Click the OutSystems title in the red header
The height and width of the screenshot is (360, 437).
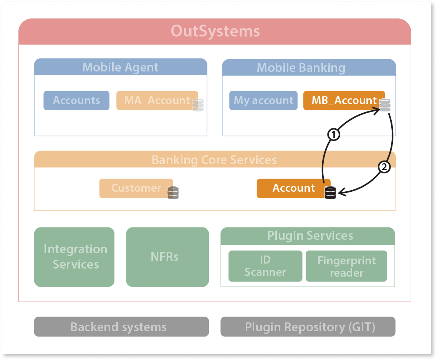point(215,31)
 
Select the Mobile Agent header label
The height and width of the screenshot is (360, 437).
point(120,67)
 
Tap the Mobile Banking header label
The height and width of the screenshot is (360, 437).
point(301,68)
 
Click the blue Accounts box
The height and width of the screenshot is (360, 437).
point(76,101)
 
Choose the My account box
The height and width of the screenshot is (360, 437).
point(263,101)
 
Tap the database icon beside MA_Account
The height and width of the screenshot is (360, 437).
point(198,105)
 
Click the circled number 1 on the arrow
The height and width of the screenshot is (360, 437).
point(333,134)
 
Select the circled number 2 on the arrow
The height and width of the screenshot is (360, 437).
point(384,167)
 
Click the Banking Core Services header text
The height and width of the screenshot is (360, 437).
point(214,160)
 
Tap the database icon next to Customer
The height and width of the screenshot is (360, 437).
point(173,192)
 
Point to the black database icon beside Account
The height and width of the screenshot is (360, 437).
point(330,192)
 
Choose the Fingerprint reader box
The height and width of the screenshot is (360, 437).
point(346,267)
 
